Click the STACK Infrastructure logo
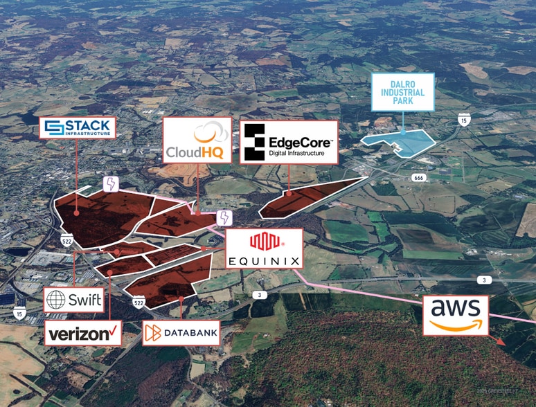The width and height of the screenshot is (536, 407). point(77,127)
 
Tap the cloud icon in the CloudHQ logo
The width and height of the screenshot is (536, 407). point(206,132)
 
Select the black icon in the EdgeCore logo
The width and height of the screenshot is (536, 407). point(254,143)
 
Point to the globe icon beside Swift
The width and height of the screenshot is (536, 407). point(55,300)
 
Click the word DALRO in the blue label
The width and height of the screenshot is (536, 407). point(402,83)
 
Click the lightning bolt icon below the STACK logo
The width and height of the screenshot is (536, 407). point(111,183)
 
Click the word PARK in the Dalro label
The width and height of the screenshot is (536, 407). point(402,102)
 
